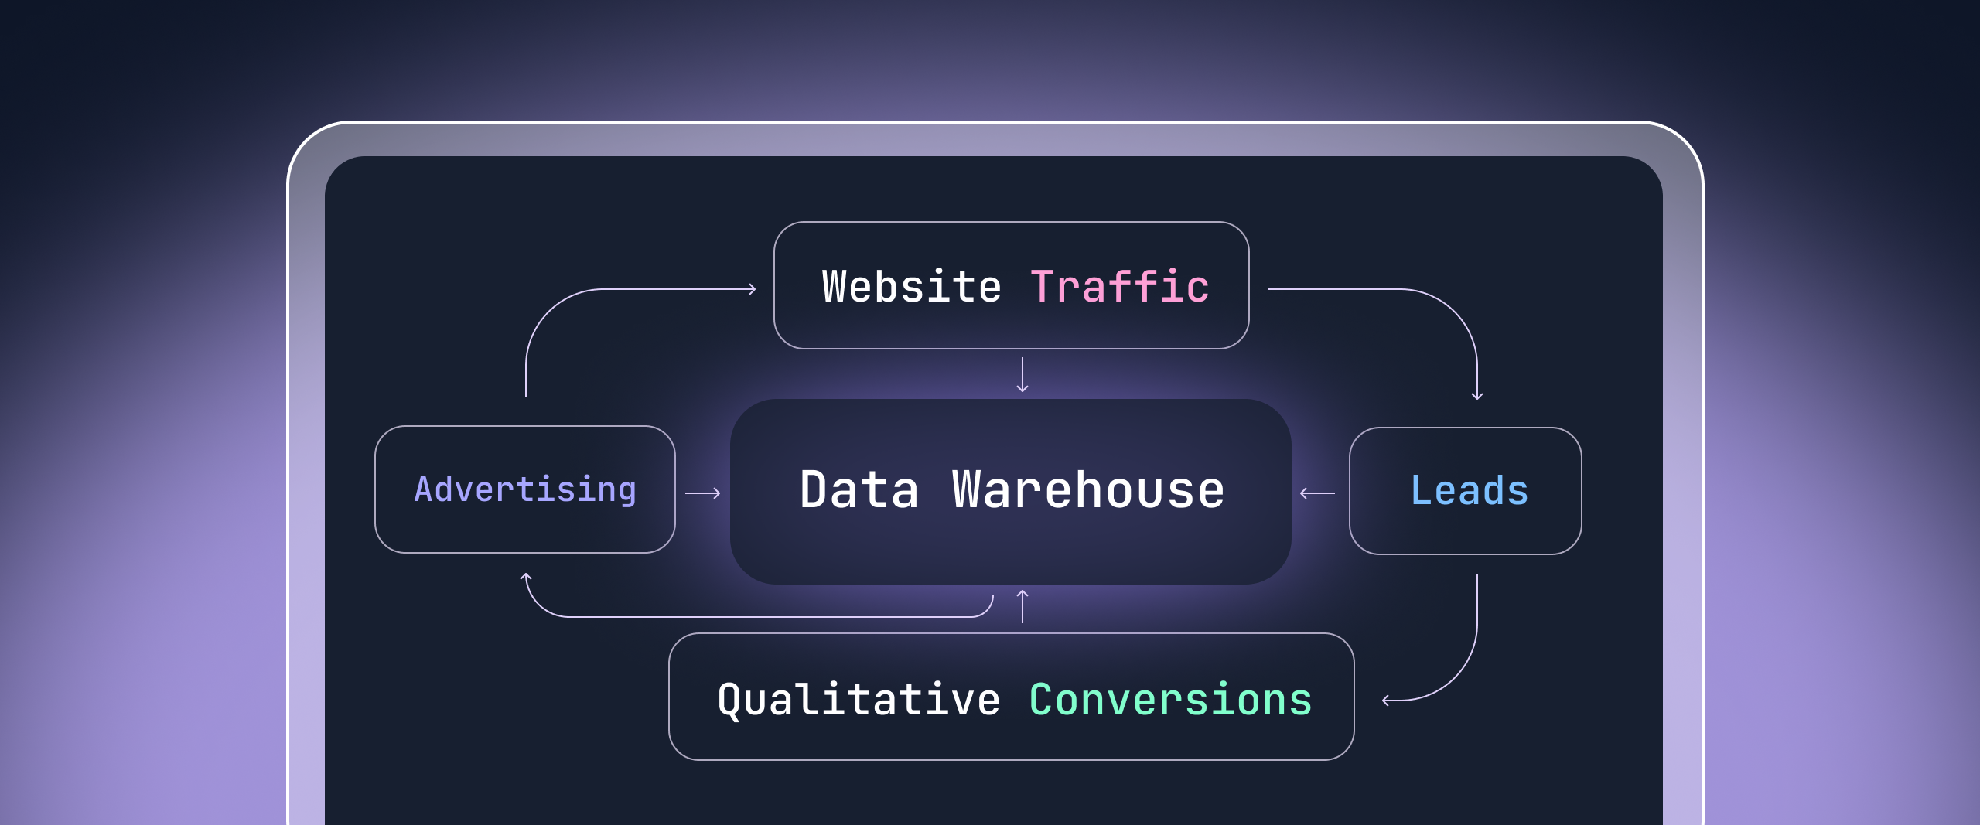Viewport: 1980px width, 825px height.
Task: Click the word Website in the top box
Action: (911, 287)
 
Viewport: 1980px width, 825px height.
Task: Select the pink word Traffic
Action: (1119, 287)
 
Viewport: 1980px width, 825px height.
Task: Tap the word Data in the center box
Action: (859, 490)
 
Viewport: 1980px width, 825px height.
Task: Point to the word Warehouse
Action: (1088, 490)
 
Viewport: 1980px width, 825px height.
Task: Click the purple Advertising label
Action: (525, 489)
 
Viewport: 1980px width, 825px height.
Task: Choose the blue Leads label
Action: (1469, 490)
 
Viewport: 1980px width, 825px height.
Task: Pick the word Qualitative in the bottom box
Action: (859, 700)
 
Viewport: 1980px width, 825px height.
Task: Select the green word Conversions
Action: (1170, 700)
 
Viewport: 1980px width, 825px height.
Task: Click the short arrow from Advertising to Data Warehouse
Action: (703, 493)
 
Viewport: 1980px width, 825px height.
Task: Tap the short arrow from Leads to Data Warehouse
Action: (1317, 493)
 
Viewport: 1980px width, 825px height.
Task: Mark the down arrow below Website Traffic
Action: (1022, 375)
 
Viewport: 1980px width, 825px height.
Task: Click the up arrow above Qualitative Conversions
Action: (1022, 606)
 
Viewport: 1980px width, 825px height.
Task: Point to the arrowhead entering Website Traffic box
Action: (752, 289)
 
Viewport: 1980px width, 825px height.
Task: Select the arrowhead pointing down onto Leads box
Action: (1477, 396)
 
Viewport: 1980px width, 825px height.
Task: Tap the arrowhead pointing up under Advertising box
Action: (526, 577)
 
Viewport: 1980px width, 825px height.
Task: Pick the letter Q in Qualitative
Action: (731, 701)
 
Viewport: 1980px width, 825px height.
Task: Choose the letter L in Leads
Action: (1421, 490)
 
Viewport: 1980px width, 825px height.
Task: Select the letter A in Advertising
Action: (423, 489)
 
